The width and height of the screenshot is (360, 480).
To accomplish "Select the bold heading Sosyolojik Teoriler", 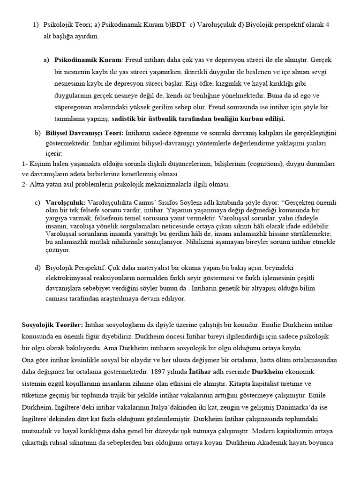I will coord(52,324).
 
